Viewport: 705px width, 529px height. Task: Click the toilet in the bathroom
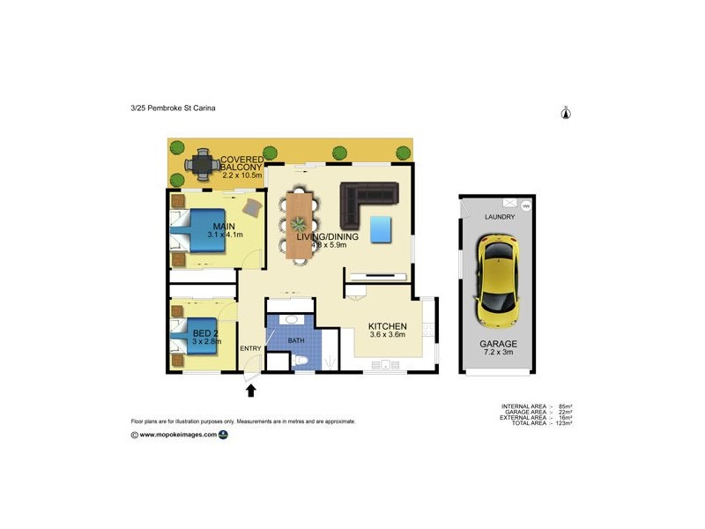click(x=301, y=361)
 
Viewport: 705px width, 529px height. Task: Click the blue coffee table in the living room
click(x=381, y=229)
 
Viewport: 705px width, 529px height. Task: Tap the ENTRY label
click(x=250, y=348)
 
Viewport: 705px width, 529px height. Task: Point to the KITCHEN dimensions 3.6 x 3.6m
click(x=386, y=334)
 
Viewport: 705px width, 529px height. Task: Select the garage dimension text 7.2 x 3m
click(x=499, y=353)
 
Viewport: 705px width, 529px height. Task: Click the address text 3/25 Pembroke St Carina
click(x=173, y=108)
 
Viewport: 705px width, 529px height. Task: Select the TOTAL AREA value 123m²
click(x=561, y=424)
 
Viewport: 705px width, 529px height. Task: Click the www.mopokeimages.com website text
click(x=178, y=434)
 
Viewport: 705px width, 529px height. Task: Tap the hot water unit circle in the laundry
click(x=525, y=206)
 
